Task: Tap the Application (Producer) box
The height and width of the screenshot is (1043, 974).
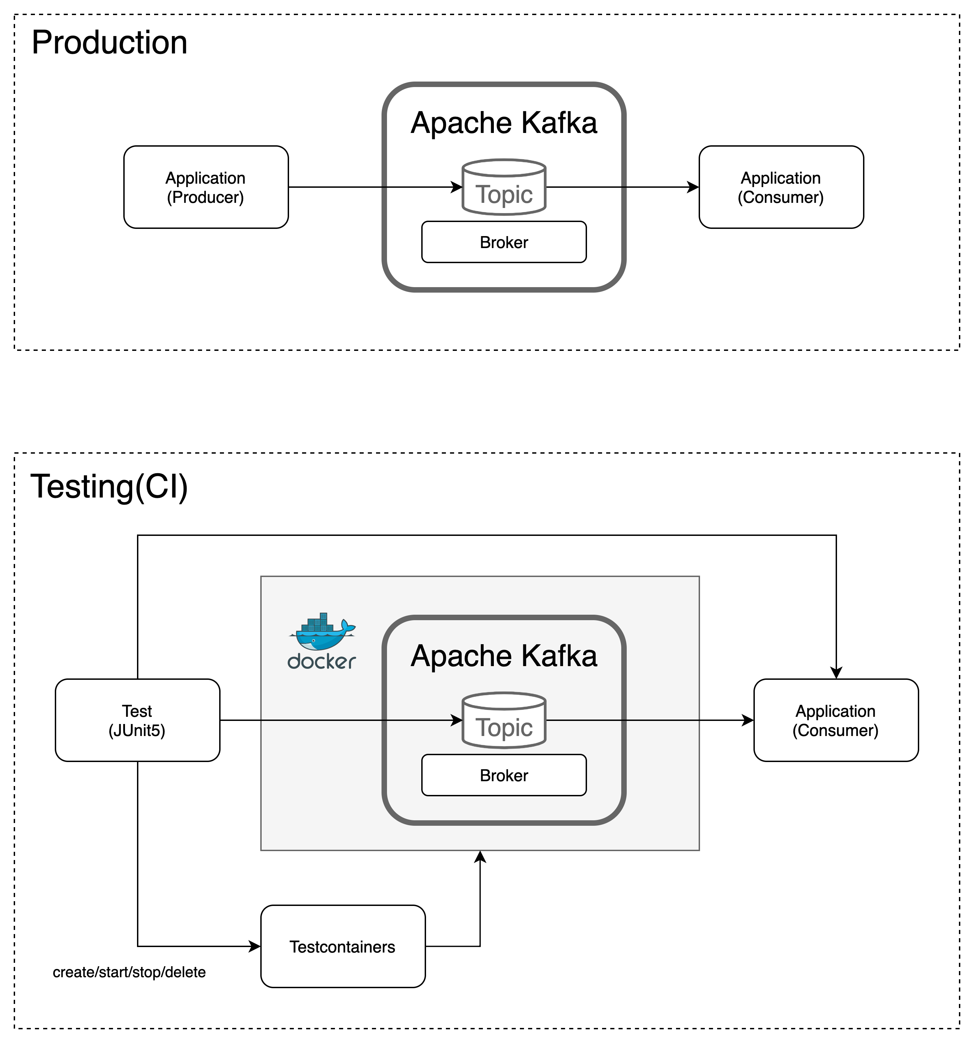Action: tap(205, 187)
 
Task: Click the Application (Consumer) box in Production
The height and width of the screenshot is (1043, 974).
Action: tap(781, 187)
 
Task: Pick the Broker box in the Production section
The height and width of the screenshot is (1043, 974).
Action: tap(503, 242)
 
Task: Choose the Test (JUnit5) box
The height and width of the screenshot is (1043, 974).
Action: tap(137, 720)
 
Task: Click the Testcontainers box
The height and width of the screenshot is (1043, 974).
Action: tap(342, 947)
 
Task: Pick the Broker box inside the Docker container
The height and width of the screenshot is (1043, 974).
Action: tap(503, 775)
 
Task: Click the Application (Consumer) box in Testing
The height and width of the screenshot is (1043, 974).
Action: tap(836, 720)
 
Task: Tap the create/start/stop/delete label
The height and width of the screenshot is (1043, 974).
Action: tap(129, 972)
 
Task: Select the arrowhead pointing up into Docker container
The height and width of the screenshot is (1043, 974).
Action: tap(480, 856)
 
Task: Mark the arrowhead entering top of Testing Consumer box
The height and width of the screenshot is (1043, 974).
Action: tap(836, 673)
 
